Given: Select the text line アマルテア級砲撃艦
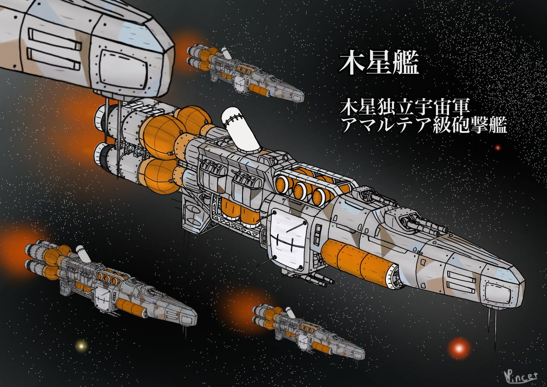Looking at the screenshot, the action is [x=423, y=126].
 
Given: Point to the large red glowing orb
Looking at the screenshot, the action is [x=459, y=348].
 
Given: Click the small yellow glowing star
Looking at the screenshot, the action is [x=82, y=346].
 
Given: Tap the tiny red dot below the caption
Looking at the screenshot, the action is [x=498, y=148].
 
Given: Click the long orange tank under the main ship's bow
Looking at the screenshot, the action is [x=360, y=264].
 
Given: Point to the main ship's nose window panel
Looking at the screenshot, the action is [x=502, y=291].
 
